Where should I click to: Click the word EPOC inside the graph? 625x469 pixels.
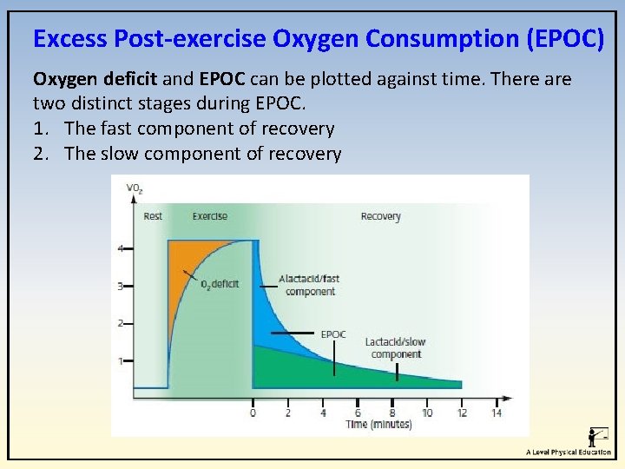[333, 334]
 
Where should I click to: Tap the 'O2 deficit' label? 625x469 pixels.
[220, 284]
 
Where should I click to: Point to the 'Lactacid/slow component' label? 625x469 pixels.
[395, 348]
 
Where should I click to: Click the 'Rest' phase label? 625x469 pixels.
[152, 216]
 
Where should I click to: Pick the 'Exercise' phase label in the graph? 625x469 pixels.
[210, 216]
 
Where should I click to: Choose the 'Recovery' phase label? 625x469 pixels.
[380, 216]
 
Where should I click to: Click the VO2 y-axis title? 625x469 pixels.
[135, 188]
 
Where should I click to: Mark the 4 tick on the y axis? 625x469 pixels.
[121, 249]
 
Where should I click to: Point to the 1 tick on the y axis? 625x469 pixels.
[121, 360]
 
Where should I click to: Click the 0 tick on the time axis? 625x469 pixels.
[253, 413]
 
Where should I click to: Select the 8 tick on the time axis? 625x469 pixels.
[392, 413]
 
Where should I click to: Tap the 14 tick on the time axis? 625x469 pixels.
[497, 413]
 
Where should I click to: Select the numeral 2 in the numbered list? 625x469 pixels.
[39, 154]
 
